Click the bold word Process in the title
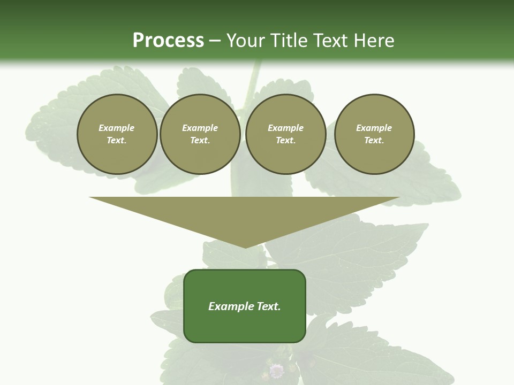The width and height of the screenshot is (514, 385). coord(168,41)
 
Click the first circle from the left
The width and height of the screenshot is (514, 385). coord(117,134)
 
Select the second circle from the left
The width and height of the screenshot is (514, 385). coord(200,134)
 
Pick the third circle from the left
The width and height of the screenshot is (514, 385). coord(285,134)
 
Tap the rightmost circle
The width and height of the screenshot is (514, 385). coord(374,134)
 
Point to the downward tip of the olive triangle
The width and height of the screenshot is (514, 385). coord(245,247)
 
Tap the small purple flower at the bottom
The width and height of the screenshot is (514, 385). coord(276,370)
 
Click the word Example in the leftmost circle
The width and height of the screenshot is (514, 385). coord(117,128)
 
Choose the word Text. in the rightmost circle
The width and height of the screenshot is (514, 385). coord(374,140)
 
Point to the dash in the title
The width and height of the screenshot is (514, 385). coord(215,41)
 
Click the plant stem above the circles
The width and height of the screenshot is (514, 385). coord(253,80)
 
